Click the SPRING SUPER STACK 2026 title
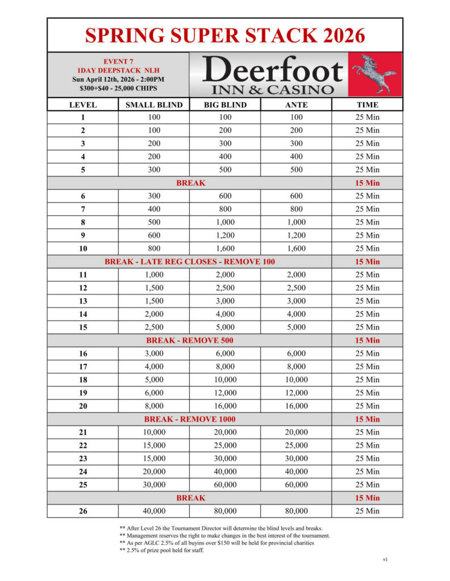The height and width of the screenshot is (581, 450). point(225,35)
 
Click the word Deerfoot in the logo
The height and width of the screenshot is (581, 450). point(272,70)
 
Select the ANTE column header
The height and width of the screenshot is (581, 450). point(296,105)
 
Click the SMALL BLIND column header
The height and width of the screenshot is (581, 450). point(154,105)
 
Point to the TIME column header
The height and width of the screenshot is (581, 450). point(367,105)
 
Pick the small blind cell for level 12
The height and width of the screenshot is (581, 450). point(154,288)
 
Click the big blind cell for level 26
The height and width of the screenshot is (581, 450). point(225,511)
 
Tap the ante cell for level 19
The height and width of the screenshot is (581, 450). point(296,393)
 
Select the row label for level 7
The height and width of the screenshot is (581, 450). point(83,209)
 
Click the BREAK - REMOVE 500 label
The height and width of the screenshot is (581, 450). point(190,340)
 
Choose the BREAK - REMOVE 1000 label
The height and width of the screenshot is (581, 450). point(190,419)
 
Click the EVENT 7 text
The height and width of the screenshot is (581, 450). point(118,61)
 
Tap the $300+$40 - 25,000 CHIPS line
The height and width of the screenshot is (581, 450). point(118,88)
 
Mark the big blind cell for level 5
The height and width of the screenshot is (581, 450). point(225,170)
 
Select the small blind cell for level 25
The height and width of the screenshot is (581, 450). point(154,485)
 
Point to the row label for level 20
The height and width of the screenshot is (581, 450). point(83,406)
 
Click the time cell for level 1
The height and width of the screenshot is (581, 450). point(367,117)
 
